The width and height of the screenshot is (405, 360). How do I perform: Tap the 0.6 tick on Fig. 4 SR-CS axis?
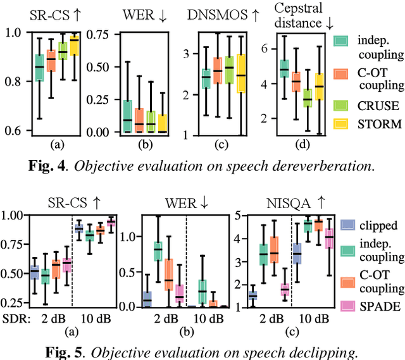coord(16,131)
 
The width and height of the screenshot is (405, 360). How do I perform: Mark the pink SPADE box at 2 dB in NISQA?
coord(285,290)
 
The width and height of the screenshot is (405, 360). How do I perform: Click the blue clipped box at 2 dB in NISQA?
coord(252,295)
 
